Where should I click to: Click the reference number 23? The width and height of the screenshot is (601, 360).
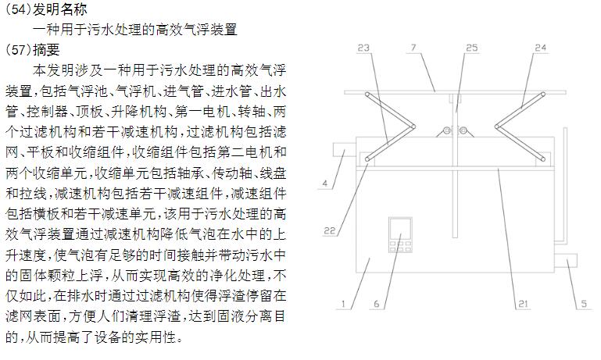tap(363, 48)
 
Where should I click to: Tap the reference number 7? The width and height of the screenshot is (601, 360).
tap(413, 48)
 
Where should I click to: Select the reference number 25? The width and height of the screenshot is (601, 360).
tap(472, 48)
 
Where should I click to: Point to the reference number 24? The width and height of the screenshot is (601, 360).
tap(541, 48)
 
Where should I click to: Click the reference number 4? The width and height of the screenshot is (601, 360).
tap(325, 183)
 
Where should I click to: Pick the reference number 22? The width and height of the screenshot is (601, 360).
tap(330, 230)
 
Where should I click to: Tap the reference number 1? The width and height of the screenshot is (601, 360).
tap(343, 304)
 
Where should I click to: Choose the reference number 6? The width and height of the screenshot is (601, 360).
tap(377, 304)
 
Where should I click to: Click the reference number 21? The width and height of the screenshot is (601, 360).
tap(523, 304)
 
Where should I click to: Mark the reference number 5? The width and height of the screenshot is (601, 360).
tap(584, 304)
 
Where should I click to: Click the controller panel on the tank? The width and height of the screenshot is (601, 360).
tap(401, 234)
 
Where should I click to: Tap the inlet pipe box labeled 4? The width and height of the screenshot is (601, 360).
tap(344, 149)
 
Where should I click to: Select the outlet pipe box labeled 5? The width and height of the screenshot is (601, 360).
tap(566, 260)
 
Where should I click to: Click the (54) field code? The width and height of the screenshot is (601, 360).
tap(18, 9)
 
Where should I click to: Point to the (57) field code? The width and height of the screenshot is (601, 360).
tap(18, 50)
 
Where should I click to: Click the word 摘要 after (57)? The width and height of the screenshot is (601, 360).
tap(46, 50)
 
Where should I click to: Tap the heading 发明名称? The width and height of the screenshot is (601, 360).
tap(60, 9)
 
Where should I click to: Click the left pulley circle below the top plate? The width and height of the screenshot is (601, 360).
tap(446, 130)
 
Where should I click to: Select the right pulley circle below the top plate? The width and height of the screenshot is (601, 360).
tap(463, 130)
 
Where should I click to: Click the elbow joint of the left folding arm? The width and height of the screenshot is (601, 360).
tap(413, 127)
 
